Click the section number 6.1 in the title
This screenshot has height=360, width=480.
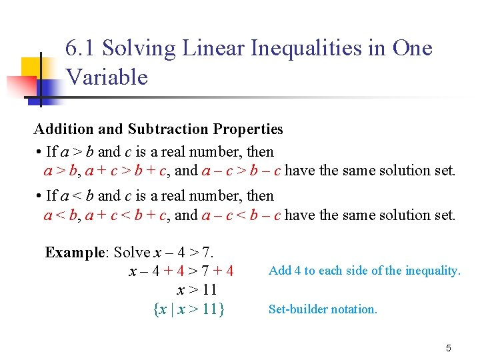point(81,49)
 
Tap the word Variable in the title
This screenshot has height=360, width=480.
point(107,77)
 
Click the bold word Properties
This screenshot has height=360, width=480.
point(248,129)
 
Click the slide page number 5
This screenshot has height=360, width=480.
point(449,348)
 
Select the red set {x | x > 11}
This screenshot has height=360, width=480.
point(189,309)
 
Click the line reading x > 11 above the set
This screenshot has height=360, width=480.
point(197,291)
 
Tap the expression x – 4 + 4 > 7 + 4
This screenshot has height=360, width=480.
point(181,271)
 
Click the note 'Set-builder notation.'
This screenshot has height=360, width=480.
point(323,309)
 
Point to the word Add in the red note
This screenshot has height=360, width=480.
point(279,271)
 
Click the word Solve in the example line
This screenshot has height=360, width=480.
point(132,253)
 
